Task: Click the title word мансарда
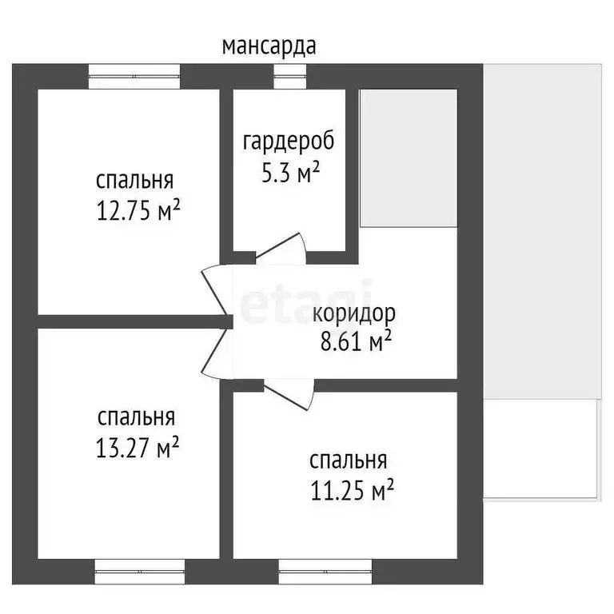(x=269, y=46)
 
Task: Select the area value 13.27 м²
(x=136, y=448)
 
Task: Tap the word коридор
(x=353, y=313)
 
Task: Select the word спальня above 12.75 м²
(x=134, y=180)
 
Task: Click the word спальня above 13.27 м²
(x=136, y=417)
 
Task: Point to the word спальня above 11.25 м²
(x=349, y=460)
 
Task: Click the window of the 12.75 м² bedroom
(x=134, y=76)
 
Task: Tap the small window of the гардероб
(x=289, y=76)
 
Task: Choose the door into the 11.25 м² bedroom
(x=288, y=394)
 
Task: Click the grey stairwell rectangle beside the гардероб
(x=408, y=158)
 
